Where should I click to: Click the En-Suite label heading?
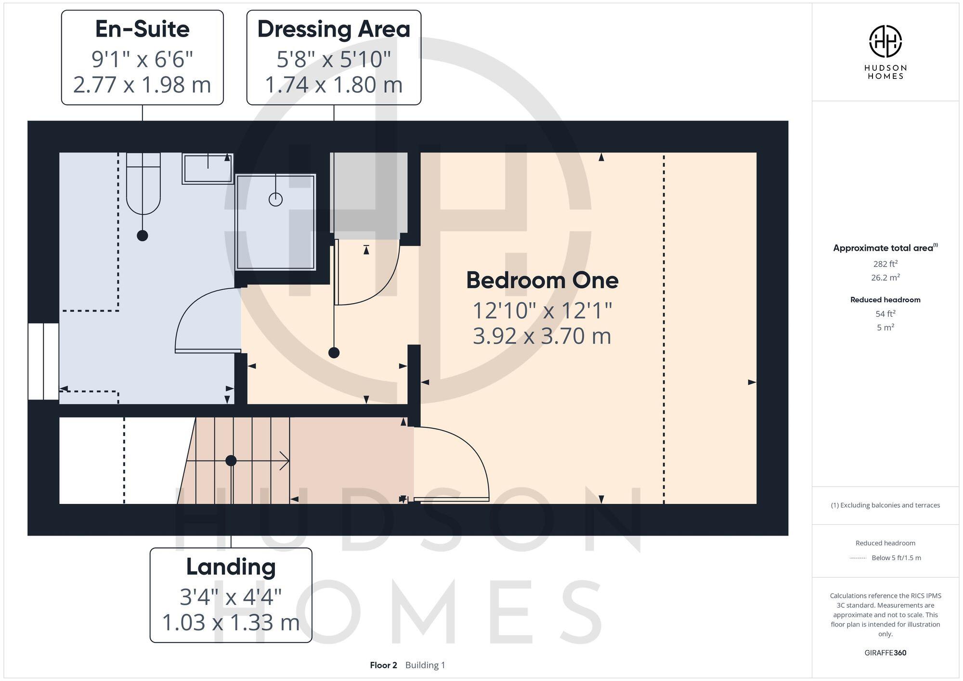[x=142, y=29]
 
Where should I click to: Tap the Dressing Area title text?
[x=334, y=29]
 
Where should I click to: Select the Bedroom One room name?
[x=542, y=281]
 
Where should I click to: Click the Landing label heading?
[x=231, y=567]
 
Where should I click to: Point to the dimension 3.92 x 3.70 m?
[x=542, y=336]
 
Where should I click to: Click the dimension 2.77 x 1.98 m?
[x=142, y=85]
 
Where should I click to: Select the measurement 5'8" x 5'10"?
[x=334, y=60]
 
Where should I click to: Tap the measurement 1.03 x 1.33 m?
[x=231, y=622]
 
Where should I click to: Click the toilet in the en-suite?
[x=143, y=185]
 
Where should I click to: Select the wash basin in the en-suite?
[x=208, y=169]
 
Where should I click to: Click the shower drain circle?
[x=275, y=199]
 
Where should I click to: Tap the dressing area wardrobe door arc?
[x=385, y=284]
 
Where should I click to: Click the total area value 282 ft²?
[x=885, y=264]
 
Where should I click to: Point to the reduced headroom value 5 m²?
[x=885, y=327]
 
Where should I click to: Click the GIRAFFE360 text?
[x=885, y=653]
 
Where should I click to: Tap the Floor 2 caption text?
[x=383, y=665]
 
